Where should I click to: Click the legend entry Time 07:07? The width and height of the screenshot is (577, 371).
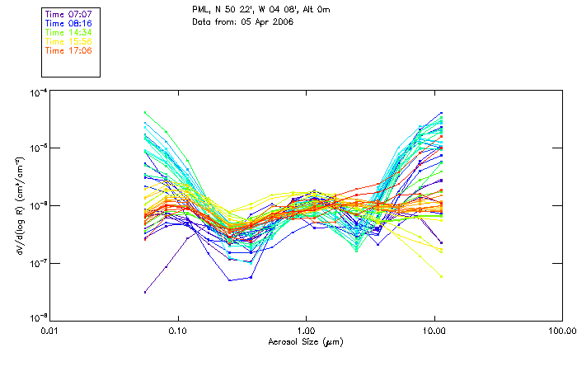click(x=68, y=14)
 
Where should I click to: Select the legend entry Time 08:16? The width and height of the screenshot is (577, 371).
click(x=68, y=23)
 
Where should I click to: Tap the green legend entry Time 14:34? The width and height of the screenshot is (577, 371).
click(x=68, y=32)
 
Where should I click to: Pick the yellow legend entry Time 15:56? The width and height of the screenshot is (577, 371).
click(x=68, y=41)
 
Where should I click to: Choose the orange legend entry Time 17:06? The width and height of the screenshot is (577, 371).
click(x=68, y=50)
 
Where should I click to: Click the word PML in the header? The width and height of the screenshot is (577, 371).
click(x=200, y=9)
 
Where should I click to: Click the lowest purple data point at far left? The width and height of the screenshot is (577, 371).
click(x=145, y=292)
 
